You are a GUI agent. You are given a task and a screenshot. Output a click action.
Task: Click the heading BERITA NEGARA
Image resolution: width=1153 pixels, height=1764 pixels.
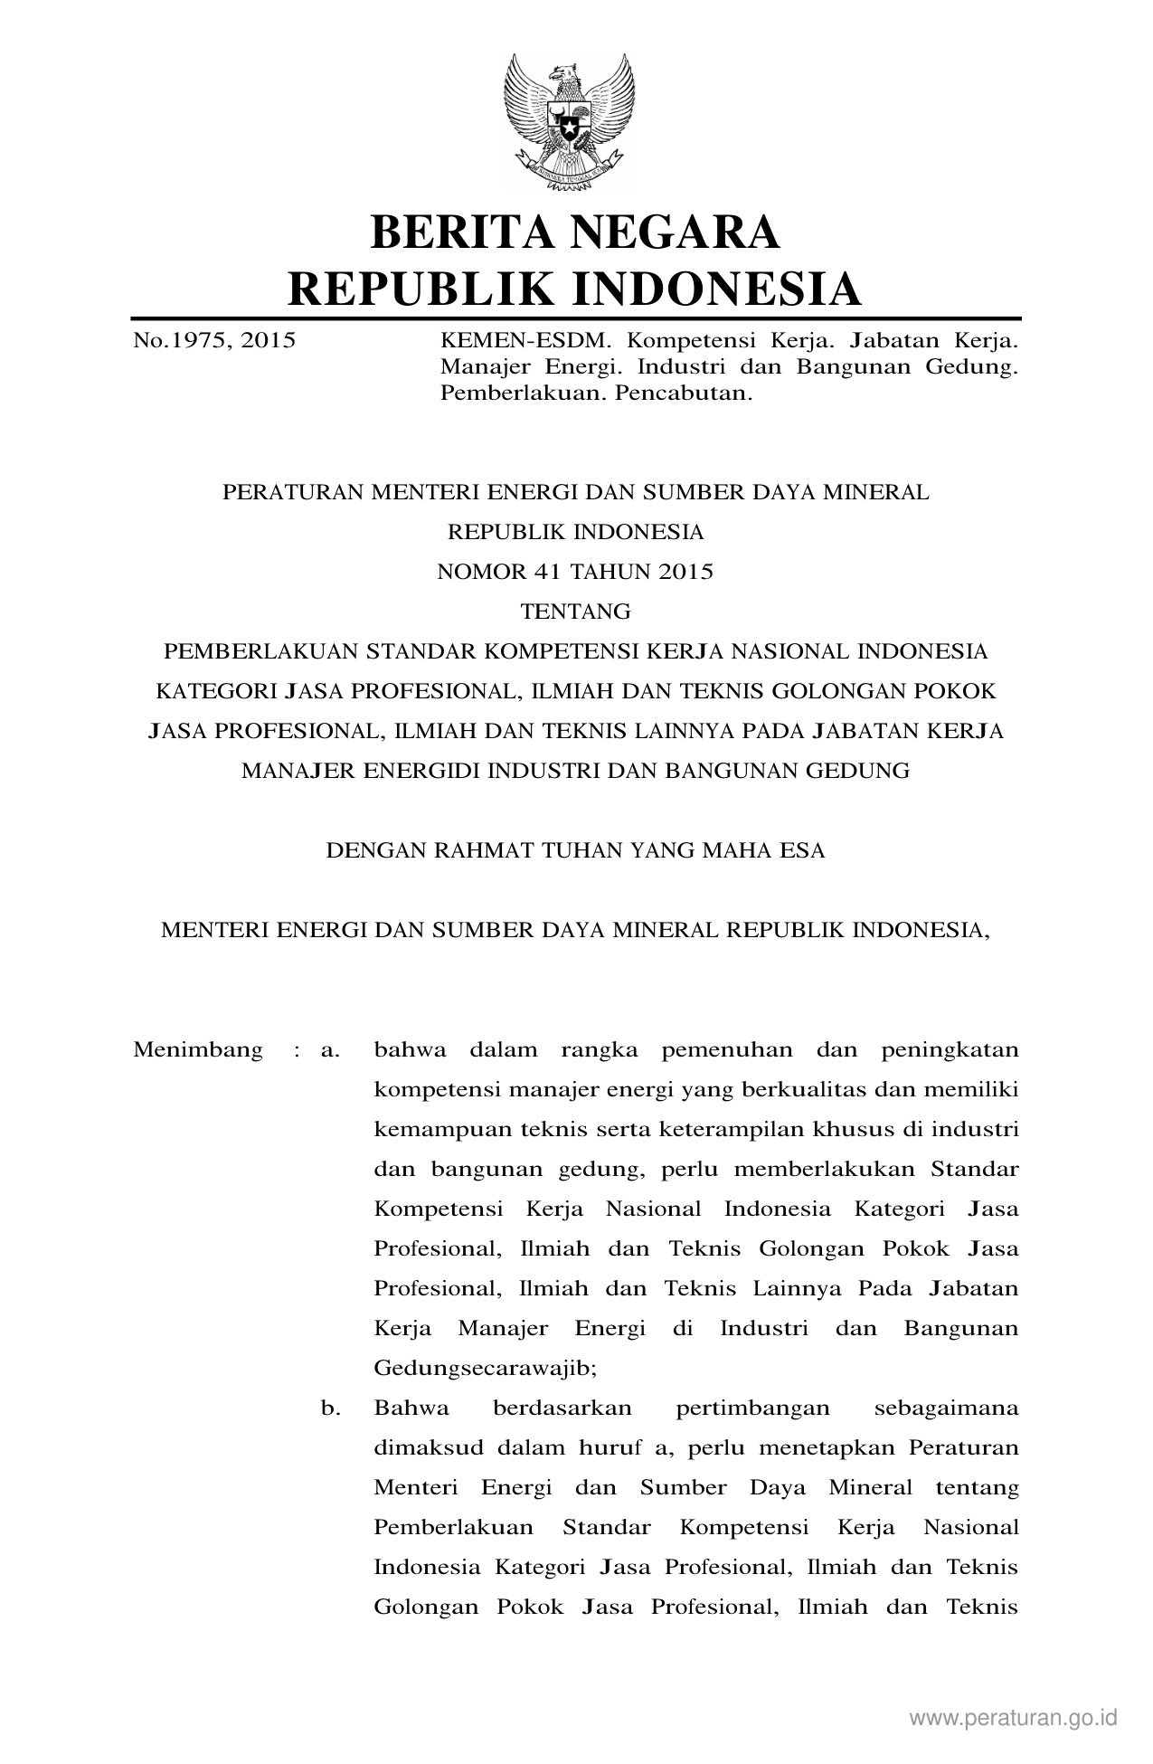click(575, 232)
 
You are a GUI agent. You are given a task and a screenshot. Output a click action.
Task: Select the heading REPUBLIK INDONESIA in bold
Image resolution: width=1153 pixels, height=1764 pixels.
click(575, 289)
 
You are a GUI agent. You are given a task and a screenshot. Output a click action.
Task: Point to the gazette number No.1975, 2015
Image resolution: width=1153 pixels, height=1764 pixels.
click(214, 341)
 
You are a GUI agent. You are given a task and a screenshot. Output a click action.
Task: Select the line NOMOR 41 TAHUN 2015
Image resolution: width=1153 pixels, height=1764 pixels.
click(575, 572)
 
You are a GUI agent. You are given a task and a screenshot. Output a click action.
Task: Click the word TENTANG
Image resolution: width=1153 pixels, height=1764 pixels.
click(575, 612)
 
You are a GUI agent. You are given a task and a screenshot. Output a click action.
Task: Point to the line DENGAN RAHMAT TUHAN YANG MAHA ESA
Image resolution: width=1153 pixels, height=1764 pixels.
click(575, 850)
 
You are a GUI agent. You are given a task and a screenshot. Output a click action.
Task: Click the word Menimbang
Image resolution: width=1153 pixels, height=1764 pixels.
click(198, 1050)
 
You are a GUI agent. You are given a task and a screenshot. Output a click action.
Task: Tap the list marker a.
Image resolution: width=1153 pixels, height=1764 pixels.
click(329, 1050)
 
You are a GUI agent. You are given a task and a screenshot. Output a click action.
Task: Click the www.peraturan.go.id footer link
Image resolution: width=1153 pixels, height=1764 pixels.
click(1014, 1717)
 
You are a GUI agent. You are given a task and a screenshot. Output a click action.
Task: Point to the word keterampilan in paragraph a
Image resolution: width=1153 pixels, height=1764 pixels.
click(732, 1130)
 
